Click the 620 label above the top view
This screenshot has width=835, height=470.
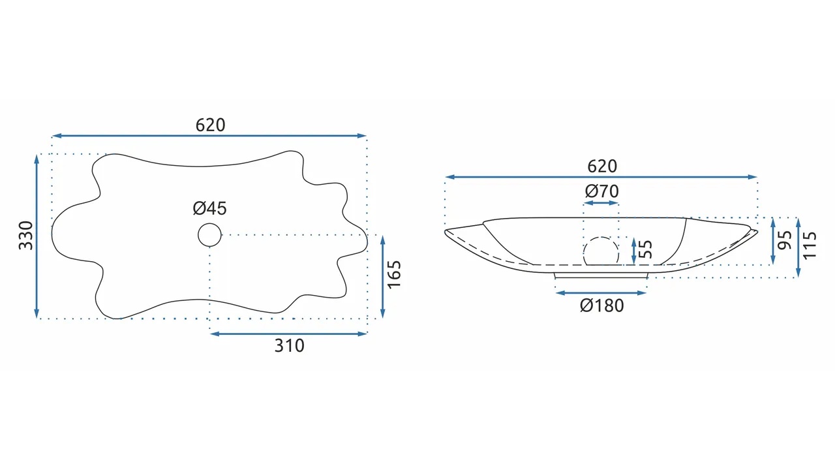click(210, 125)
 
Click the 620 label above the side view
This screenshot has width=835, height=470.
click(602, 166)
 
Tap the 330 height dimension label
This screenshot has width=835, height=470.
click(26, 236)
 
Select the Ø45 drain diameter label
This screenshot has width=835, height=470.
click(210, 208)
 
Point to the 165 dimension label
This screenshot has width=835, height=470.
click(394, 274)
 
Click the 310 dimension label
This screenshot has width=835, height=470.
click(289, 346)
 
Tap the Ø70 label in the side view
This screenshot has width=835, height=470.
click(601, 191)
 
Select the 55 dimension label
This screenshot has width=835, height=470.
click(646, 249)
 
